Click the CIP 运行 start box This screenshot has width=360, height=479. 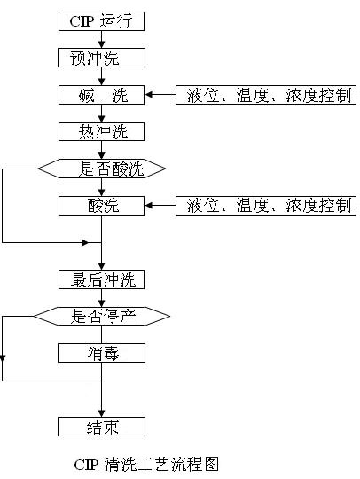point(101,20)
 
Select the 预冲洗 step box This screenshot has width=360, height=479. point(101,58)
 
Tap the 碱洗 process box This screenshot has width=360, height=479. point(101,95)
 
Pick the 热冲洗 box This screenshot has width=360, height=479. point(101,132)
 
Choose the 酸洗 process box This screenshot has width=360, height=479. point(101,206)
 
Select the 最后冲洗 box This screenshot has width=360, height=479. point(101,279)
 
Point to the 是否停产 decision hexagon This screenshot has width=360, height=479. point(101,315)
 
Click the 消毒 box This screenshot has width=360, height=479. point(101,353)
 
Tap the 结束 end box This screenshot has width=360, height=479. point(101,427)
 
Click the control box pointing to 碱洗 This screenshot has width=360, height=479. point(266,95)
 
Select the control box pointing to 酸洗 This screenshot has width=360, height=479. point(266,206)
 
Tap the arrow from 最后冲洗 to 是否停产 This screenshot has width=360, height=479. point(101,299)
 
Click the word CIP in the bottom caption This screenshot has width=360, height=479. point(87,464)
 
